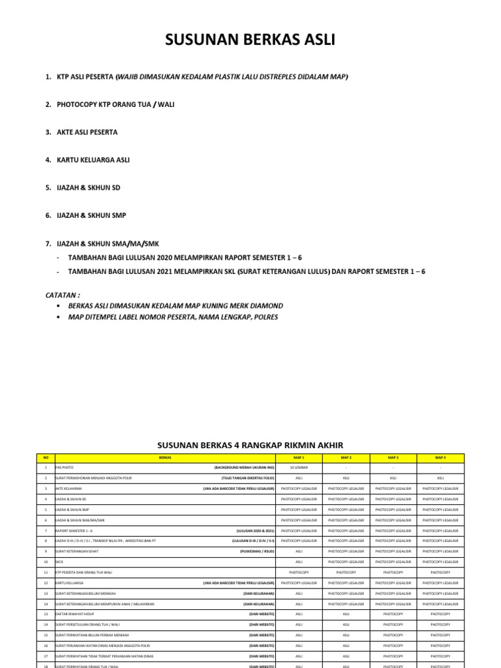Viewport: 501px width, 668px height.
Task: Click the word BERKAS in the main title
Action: click(x=252, y=40)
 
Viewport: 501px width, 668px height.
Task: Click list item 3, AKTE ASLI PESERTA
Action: click(x=87, y=132)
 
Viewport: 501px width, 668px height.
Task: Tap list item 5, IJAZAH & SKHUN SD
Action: click(x=89, y=188)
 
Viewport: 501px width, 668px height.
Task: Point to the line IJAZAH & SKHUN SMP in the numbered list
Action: click(x=91, y=215)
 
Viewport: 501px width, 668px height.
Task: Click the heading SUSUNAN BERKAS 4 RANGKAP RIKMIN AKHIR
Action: click(x=250, y=445)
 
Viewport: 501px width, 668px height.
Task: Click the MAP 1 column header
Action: click(x=299, y=458)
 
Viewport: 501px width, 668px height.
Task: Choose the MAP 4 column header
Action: click(x=440, y=458)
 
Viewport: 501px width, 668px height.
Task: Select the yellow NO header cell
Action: click(x=46, y=458)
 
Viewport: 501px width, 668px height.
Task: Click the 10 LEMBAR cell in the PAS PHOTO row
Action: click(x=299, y=468)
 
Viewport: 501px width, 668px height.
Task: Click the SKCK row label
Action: click(x=60, y=561)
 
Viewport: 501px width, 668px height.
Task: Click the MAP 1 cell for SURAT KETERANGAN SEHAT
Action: click(x=299, y=552)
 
